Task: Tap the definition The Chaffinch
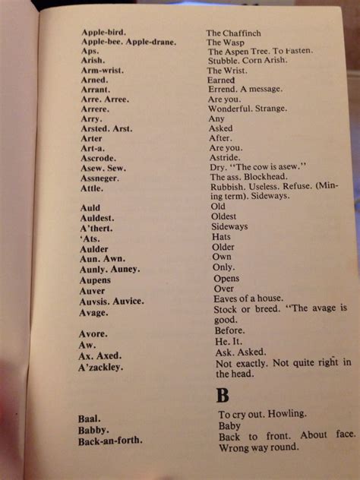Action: click(234, 33)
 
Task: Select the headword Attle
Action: click(91, 188)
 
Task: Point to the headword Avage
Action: click(94, 311)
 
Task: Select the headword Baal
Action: click(88, 418)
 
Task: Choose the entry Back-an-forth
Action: click(110, 441)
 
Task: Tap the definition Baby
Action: click(229, 427)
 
